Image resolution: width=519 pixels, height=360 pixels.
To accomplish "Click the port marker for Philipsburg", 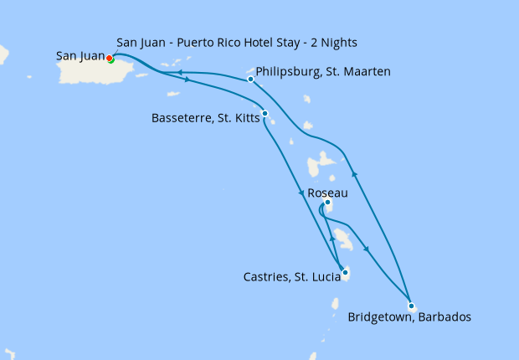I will [250, 80].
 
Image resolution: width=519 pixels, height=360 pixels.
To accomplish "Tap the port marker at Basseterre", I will [265, 113].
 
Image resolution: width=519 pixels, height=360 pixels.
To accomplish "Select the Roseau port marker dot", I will [327, 203].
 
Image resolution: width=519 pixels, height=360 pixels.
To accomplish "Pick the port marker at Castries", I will [345, 271].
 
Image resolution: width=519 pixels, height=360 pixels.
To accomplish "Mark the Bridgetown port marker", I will [410, 306].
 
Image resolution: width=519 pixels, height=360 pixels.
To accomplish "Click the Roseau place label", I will [327, 193].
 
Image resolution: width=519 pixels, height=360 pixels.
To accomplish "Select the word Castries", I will [269, 277].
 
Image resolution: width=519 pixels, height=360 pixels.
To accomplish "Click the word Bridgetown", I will [380, 317].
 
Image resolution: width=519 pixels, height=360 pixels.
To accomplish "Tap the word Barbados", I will [444, 317].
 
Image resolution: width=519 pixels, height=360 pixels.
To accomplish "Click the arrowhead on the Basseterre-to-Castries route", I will [301, 194].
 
